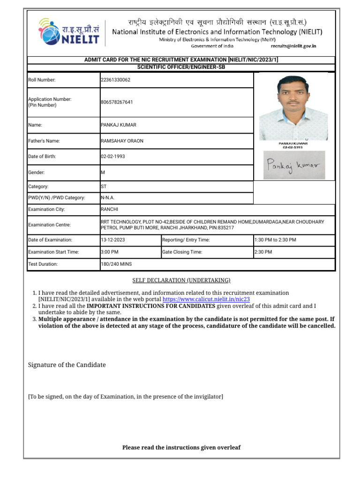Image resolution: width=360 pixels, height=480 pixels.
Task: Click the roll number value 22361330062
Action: (115, 80)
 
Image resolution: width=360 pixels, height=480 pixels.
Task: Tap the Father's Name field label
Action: (44, 141)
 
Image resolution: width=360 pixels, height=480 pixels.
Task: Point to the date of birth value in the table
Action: (112, 157)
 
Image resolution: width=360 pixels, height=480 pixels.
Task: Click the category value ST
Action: (104, 187)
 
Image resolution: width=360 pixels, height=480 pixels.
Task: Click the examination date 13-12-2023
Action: (112, 240)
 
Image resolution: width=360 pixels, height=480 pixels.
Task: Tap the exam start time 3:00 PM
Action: (110, 252)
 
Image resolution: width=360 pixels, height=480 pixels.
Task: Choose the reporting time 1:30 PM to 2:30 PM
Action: (275, 240)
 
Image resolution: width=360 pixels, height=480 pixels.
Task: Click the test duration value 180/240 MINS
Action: (116, 264)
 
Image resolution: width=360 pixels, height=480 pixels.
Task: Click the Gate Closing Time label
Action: (182, 252)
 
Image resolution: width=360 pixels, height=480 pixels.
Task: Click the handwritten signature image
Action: (293, 165)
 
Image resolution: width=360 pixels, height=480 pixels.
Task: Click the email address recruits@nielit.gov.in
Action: (293, 46)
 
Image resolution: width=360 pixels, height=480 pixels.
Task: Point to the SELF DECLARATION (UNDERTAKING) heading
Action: (181, 280)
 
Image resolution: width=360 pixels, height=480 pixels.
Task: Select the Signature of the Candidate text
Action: (67, 365)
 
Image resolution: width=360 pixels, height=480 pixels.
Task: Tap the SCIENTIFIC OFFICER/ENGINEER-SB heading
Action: (181, 67)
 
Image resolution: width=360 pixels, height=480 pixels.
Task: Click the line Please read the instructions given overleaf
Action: (181, 447)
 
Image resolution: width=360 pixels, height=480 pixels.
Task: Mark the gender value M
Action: (103, 172)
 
